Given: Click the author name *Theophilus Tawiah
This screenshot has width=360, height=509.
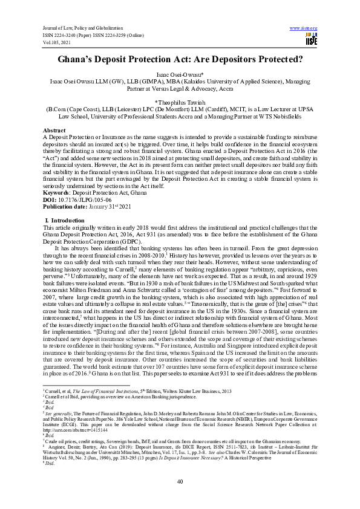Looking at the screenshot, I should [180, 103].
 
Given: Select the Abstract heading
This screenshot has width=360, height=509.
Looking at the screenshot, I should [54, 131].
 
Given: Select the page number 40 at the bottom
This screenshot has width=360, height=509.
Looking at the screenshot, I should [180, 481].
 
